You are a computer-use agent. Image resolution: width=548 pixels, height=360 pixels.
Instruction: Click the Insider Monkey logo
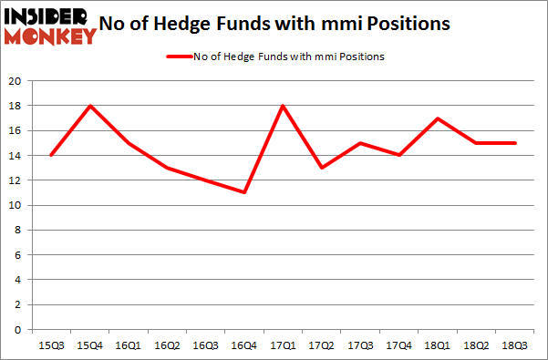[x=50, y=26]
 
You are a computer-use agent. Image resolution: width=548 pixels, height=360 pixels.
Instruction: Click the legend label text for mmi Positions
[x=289, y=57]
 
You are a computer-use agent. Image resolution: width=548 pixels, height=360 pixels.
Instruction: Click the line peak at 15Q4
[x=90, y=106]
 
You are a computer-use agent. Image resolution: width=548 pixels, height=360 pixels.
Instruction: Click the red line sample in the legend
[x=177, y=57]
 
